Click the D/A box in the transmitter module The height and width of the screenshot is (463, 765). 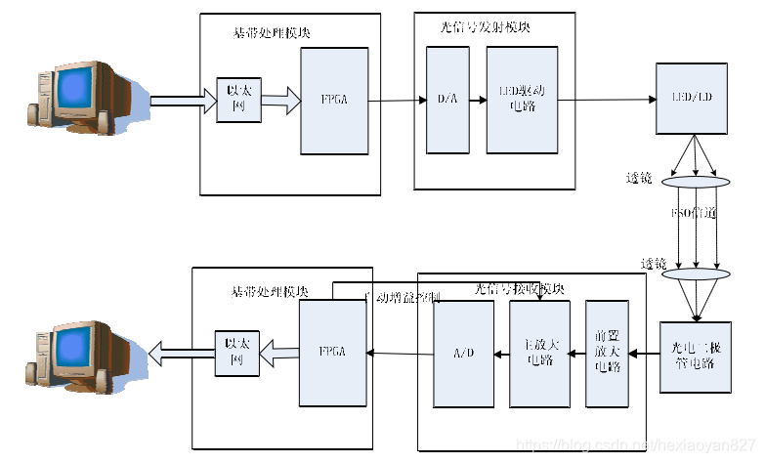pos(447,100)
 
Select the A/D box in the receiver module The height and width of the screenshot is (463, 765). pos(463,354)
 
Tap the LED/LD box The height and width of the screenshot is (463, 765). pos(692,99)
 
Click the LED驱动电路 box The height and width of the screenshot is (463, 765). pos(522,100)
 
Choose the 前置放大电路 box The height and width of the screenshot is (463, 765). pos(606,354)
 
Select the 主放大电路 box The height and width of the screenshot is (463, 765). pos(539,354)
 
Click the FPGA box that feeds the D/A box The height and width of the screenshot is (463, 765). pos(335,101)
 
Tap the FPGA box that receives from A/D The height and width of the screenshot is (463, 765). pos(335,353)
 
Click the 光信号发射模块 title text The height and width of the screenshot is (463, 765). pos(485,27)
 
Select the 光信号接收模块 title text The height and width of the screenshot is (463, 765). pos(519,289)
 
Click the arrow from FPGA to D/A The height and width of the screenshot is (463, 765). pos(398,100)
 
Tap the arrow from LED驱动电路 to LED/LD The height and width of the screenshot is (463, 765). pos(606,100)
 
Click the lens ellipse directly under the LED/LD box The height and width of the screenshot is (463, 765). pos(696,182)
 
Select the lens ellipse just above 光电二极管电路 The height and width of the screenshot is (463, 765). pos(696,275)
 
